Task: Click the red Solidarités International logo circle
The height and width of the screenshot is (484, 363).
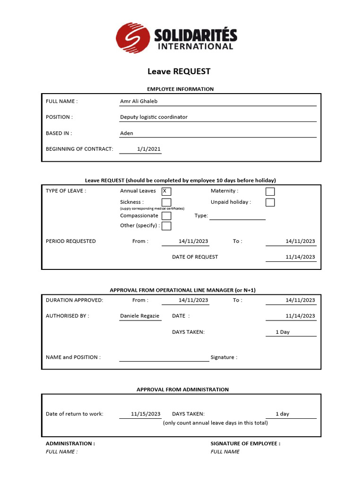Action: click(x=133, y=37)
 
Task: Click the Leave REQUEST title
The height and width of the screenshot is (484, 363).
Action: click(x=179, y=71)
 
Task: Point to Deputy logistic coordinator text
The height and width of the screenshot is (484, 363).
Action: click(x=154, y=117)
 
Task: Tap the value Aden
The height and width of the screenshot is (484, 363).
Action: click(x=127, y=133)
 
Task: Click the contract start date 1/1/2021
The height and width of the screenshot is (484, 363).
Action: click(x=148, y=149)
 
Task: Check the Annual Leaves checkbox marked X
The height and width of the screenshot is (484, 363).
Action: click(x=166, y=191)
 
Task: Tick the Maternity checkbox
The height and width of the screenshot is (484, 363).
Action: click(x=270, y=191)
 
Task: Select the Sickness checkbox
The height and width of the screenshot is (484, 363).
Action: click(x=166, y=202)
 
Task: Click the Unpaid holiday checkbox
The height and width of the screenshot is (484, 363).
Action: click(x=270, y=202)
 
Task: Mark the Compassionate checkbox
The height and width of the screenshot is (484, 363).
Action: click(x=166, y=216)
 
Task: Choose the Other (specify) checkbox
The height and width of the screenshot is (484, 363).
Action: click(x=166, y=226)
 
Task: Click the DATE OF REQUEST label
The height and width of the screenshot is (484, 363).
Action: click(x=195, y=257)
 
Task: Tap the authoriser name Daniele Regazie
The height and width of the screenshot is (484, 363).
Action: click(x=139, y=316)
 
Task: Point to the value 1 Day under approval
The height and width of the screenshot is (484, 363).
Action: click(x=283, y=332)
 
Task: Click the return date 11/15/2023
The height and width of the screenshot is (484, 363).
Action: click(x=146, y=414)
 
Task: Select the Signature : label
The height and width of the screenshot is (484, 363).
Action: click(x=224, y=357)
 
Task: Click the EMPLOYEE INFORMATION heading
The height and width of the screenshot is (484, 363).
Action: click(x=180, y=89)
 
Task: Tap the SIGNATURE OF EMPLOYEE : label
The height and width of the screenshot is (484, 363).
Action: click(x=245, y=444)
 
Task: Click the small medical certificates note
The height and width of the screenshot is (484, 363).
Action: click(x=152, y=208)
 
